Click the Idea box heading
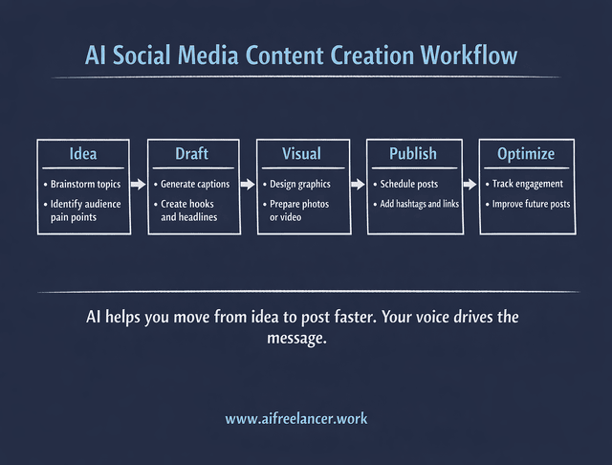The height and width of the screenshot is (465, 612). [83, 154]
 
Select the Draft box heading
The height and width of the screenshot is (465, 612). [191, 154]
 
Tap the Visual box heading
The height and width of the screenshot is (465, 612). [301, 154]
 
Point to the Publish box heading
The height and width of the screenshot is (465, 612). [413, 154]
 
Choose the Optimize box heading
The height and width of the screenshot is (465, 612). [525, 154]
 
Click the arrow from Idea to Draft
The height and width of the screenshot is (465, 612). [138, 184]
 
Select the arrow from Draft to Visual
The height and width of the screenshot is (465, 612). [247, 184]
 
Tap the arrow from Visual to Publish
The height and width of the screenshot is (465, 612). [358, 184]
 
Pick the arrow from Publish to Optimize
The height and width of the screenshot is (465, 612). [470, 184]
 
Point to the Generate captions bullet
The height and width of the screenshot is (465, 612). [195, 184]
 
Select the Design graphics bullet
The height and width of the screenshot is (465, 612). [301, 184]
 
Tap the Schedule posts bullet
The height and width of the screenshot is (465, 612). [408, 184]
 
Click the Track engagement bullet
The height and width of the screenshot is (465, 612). [527, 184]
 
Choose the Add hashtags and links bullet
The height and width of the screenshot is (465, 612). [419, 204]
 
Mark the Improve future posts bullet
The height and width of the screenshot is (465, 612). [532, 204]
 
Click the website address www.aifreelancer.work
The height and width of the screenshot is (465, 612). [296, 418]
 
